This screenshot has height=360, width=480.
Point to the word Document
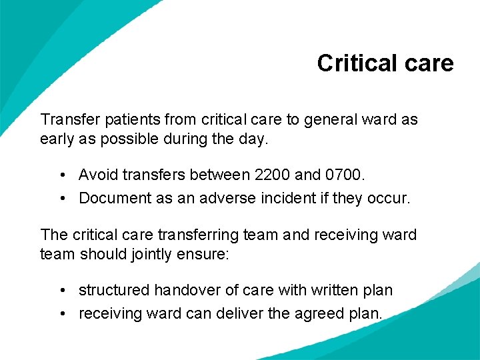[x=112, y=198]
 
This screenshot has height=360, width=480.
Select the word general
[x=331, y=120]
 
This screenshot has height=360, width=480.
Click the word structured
[x=113, y=291]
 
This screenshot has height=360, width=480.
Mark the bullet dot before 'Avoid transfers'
[x=61, y=176]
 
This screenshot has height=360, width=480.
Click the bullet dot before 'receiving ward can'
[x=61, y=314]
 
